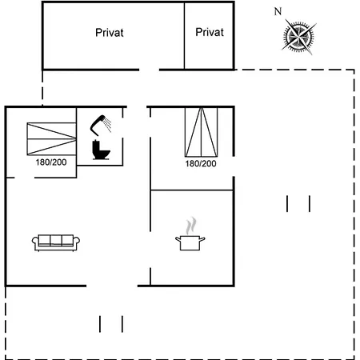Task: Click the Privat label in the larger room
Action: [110, 33]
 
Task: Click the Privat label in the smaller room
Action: [210, 32]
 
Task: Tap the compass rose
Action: [299, 37]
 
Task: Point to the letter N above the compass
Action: [278, 11]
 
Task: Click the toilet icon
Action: [101, 150]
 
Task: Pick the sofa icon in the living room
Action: [56, 242]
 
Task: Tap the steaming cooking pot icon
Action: [190, 234]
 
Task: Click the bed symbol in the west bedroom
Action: [51, 139]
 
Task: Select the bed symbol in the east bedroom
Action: [201, 132]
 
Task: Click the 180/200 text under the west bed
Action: [51, 162]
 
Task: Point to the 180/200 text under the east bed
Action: [201, 163]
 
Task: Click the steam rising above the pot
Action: [191, 226]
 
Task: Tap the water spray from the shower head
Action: [108, 125]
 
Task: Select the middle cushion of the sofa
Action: [56, 240]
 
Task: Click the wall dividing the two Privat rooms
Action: [184, 36]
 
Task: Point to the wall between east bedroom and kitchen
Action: [192, 190]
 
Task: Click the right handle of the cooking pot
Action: [202, 239]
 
